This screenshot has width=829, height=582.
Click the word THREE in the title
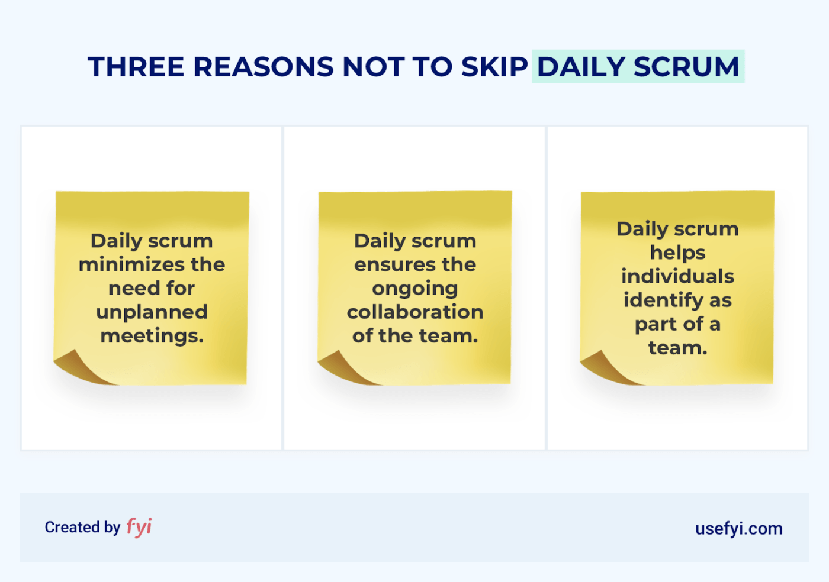(136, 67)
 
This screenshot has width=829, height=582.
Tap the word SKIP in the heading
(494, 67)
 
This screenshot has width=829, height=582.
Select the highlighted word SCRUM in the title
(686, 67)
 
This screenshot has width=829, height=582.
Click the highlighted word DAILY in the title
(581, 67)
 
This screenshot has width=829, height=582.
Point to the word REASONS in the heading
(264, 67)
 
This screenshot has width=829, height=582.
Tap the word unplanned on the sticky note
(152, 312)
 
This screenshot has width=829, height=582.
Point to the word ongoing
(415, 289)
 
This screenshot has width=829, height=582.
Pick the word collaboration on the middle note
(415, 312)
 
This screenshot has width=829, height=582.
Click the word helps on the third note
(677, 253)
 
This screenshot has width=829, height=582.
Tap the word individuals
(677, 276)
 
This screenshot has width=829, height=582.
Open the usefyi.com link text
(738, 528)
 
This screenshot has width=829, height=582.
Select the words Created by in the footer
(82, 527)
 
